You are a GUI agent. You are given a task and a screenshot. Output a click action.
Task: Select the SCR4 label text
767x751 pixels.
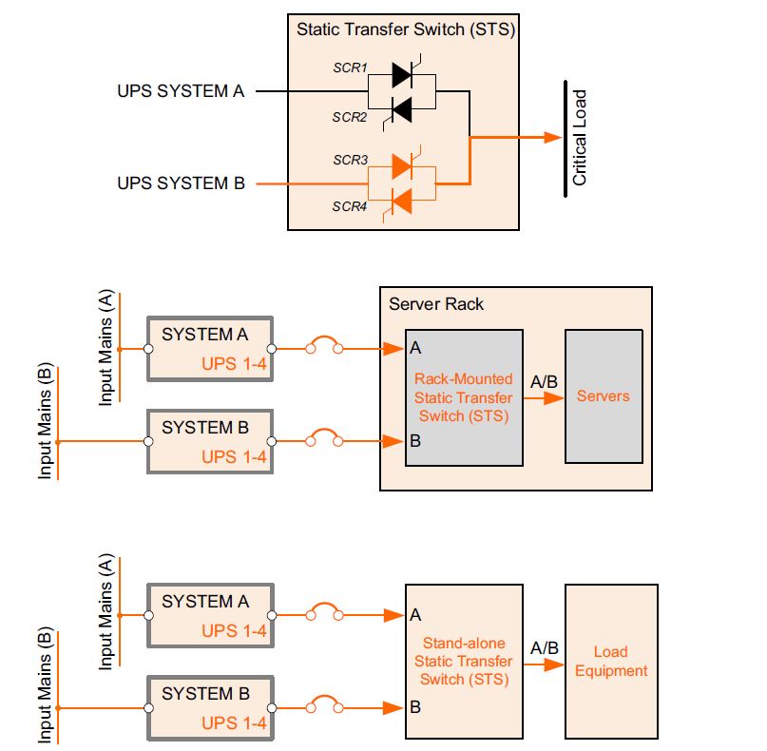349,205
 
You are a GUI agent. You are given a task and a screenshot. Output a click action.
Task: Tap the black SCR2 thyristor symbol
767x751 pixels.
401,110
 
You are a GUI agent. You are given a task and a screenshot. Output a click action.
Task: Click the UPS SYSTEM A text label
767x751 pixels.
181,92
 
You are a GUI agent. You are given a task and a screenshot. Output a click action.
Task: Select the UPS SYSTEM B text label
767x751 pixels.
181,183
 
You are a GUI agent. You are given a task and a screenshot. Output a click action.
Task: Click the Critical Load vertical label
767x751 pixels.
579,138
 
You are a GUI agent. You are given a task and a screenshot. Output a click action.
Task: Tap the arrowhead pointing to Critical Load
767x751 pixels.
552,138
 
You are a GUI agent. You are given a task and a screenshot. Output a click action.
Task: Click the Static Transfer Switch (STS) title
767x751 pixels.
406,29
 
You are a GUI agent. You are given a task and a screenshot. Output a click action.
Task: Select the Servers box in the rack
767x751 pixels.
604,395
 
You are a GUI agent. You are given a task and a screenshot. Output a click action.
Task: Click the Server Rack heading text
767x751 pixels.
436,304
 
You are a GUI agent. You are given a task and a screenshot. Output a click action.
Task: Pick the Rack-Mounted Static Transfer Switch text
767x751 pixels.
463,397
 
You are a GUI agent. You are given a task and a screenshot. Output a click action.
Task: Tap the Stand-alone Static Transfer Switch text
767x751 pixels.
464,661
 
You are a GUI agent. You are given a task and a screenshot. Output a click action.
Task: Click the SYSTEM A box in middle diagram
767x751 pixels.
210,349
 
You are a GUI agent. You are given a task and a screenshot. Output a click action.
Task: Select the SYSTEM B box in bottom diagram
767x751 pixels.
210,707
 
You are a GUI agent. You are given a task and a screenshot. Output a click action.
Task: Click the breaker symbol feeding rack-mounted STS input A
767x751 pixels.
323,347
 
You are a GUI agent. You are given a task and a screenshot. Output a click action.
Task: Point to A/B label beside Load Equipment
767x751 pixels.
544,647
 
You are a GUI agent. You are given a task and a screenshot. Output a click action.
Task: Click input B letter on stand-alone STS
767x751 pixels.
415,707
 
